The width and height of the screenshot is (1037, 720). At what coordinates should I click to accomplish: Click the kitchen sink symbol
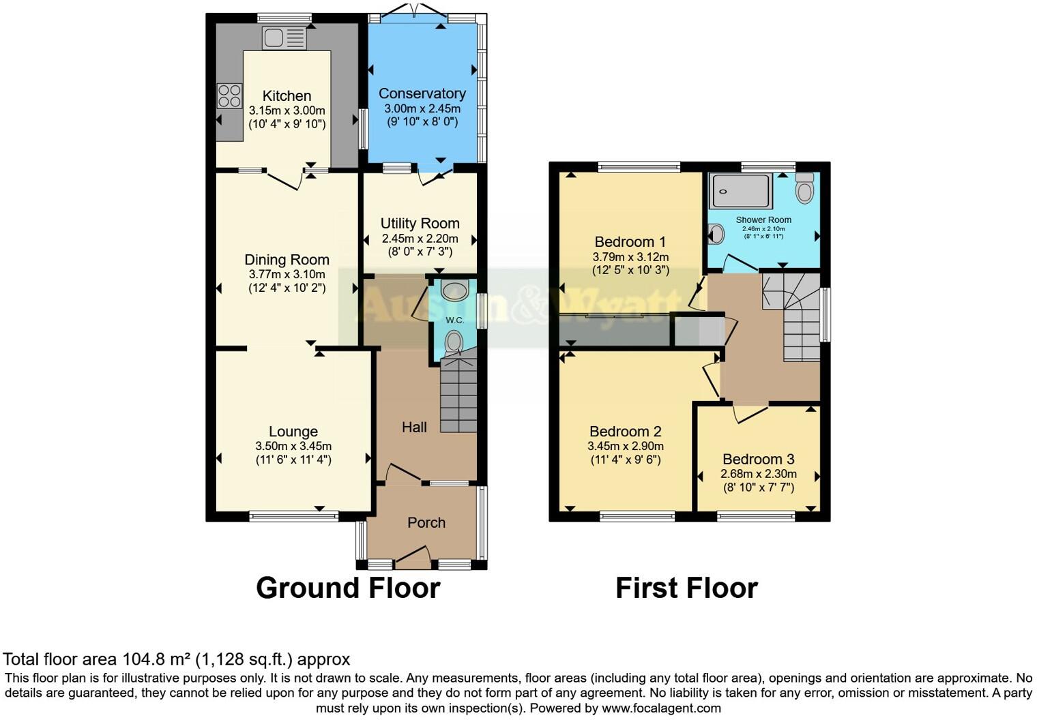click(x=284, y=38)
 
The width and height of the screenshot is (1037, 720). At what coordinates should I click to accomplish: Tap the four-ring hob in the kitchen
click(x=229, y=95)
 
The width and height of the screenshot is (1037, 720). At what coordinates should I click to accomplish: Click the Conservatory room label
click(x=422, y=93)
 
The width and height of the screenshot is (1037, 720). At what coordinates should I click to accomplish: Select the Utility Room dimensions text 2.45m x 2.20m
click(x=420, y=239)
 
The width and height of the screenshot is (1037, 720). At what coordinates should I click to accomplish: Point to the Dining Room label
click(x=287, y=260)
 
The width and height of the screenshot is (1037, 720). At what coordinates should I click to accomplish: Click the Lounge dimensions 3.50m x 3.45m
click(x=293, y=446)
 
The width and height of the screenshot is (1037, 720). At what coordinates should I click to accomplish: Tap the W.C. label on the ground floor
click(x=454, y=320)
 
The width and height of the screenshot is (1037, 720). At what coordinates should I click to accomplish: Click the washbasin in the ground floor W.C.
click(x=454, y=291)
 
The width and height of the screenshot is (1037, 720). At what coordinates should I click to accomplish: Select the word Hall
click(x=414, y=427)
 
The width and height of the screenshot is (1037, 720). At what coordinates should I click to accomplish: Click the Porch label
click(x=426, y=523)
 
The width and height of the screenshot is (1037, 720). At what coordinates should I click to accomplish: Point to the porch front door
click(x=413, y=558)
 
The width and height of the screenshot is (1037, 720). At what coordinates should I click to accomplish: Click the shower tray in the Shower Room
click(x=742, y=191)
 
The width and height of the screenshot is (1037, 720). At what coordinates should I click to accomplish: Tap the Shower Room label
click(x=763, y=220)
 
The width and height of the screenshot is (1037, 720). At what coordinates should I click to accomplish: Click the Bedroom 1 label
click(x=630, y=242)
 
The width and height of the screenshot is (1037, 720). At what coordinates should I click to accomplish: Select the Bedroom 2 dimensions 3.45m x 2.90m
click(x=625, y=446)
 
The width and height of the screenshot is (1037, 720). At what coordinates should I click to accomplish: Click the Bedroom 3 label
click(x=758, y=460)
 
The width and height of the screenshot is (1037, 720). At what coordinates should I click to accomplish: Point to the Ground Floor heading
click(x=348, y=588)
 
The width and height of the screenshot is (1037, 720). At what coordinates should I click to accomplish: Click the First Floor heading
click(x=686, y=588)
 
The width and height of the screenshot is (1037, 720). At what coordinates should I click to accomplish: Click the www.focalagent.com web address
click(x=661, y=708)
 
